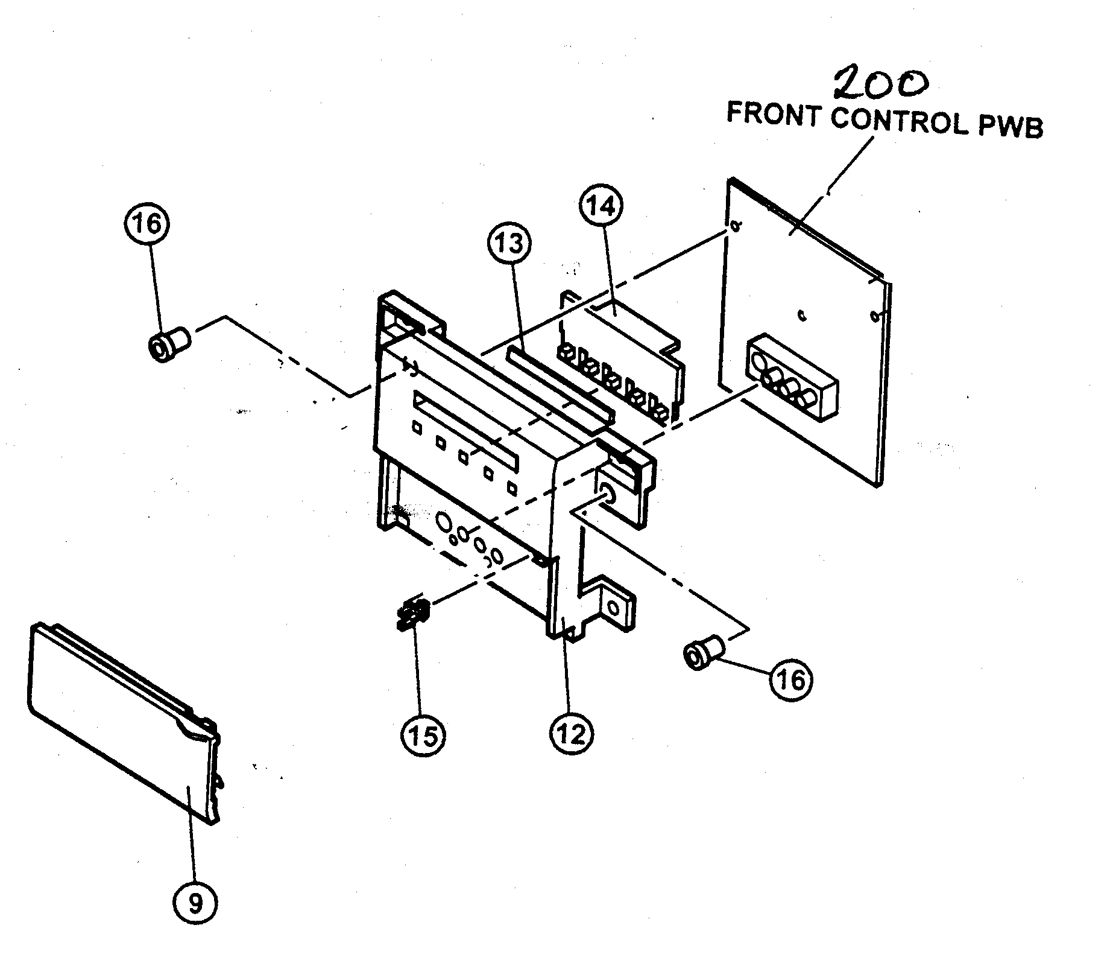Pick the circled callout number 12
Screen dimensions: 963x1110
tap(572, 734)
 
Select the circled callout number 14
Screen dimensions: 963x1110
tap(601, 206)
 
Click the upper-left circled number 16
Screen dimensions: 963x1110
tap(147, 224)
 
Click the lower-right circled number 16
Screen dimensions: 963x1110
tap(791, 679)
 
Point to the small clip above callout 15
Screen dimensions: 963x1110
tap(412, 615)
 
